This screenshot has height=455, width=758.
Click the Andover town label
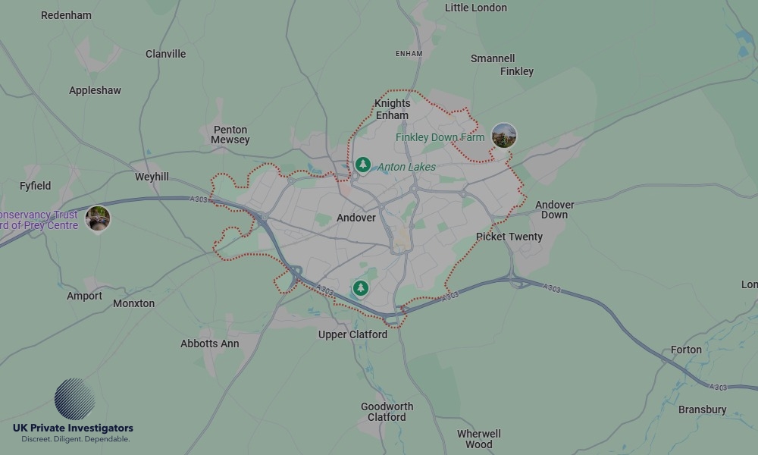[356, 218]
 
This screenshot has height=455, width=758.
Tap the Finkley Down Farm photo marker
[504, 136]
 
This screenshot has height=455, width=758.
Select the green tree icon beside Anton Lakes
[363, 165]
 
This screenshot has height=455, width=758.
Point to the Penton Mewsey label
[230, 135]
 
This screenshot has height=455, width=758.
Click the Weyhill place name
[152, 177]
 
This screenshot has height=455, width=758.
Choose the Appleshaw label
[95, 90]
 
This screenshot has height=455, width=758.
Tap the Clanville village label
[165, 54]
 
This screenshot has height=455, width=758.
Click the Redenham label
[66, 15]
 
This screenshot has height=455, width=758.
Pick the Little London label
[476, 8]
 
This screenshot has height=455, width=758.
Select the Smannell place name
[493, 58]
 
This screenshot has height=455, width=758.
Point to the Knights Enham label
[392, 109]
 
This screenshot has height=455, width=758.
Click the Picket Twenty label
[509, 237]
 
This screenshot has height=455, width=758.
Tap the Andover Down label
[555, 209]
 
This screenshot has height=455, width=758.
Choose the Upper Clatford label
[352, 334]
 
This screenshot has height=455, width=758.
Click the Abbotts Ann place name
[210, 344]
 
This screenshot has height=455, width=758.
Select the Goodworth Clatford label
[387, 412]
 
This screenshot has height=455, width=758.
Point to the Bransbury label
[702, 409]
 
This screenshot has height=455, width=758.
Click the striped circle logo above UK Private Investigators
[75, 399]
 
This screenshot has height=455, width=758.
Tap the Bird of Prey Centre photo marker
[98, 218]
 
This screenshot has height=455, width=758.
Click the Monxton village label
[133, 303]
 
